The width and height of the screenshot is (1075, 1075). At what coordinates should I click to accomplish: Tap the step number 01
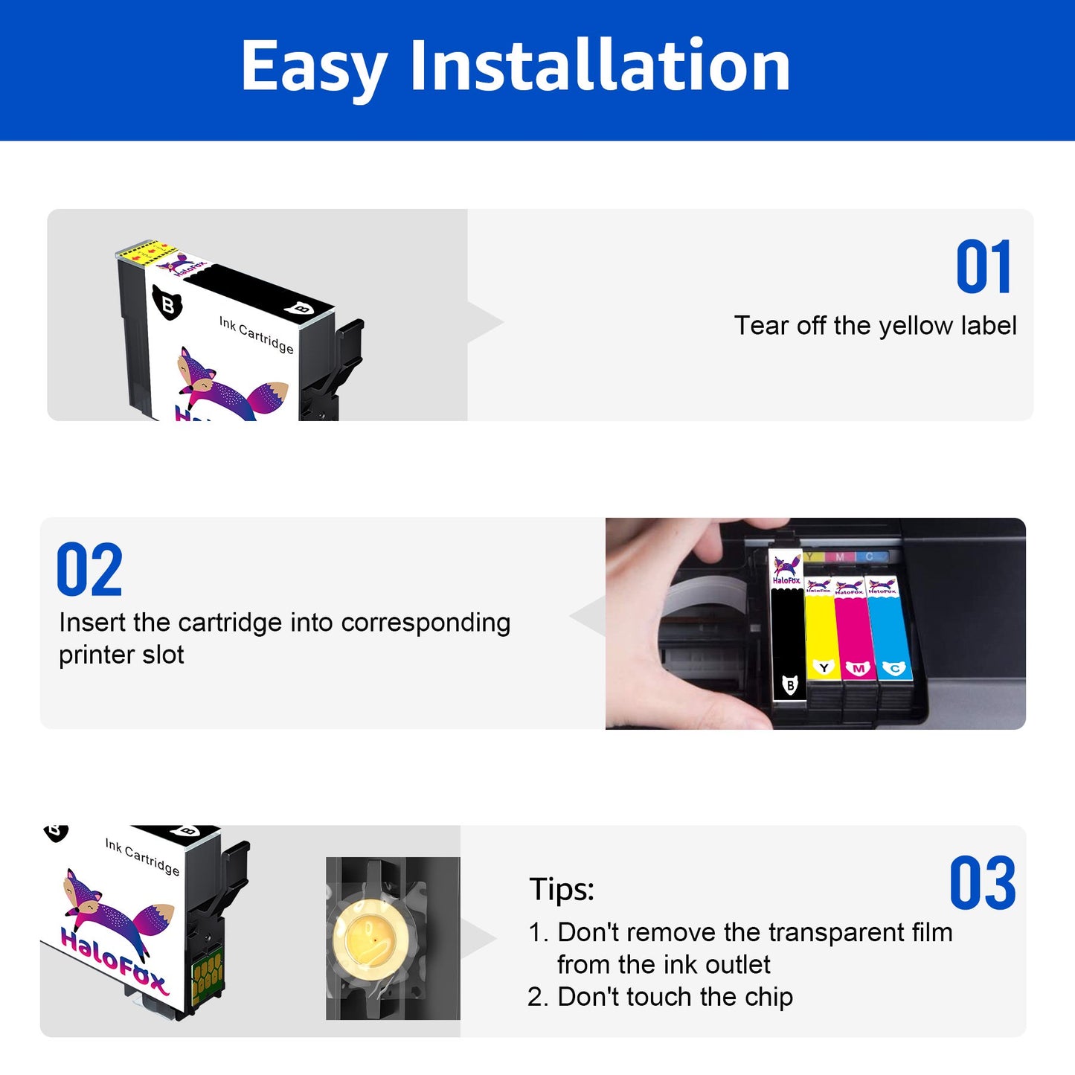point(983,267)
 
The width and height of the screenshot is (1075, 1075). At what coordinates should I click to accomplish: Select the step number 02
point(89,570)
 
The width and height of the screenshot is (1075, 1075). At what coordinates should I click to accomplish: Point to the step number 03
point(982,883)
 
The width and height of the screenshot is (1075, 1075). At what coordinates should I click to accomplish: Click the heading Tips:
point(562,889)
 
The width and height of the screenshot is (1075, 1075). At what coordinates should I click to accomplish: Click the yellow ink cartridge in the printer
point(822,632)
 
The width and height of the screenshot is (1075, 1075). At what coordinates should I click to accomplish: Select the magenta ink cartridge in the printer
point(856,632)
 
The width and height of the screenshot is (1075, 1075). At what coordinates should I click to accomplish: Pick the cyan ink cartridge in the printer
point(890,632)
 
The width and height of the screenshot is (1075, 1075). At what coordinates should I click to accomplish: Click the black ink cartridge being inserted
point(788,640)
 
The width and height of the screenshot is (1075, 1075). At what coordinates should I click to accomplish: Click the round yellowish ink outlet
point(370,937)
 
